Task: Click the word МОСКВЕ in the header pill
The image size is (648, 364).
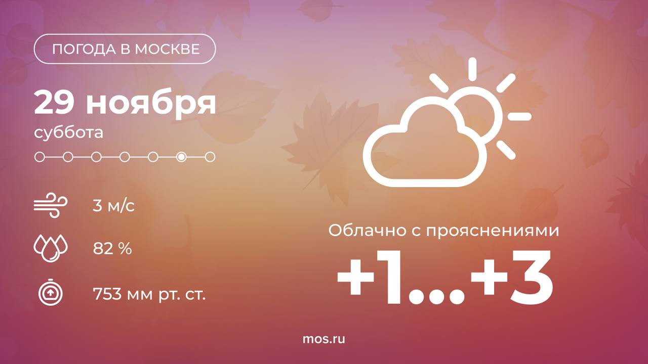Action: [167, 49]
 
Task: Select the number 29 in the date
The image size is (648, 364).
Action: [54, 103]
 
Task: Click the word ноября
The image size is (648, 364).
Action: [151, 105]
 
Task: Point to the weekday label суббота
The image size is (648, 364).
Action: [68, 133]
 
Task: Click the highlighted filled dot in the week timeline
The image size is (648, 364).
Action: [181, 157]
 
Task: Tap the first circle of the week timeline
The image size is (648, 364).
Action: [39, 157]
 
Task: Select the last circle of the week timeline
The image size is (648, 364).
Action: [210, 157]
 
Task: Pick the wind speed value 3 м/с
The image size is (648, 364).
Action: [114, 206]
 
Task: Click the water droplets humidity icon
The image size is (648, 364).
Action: [51, 248]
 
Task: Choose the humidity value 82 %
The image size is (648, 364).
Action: [112, 248]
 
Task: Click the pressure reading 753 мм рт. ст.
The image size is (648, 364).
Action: [149, 294]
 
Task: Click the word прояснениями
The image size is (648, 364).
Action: [493, 232]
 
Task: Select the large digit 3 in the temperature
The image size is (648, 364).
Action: [531, 277]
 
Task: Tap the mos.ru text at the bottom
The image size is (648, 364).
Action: [323, 339]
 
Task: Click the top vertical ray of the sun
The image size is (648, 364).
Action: [472, 69]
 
